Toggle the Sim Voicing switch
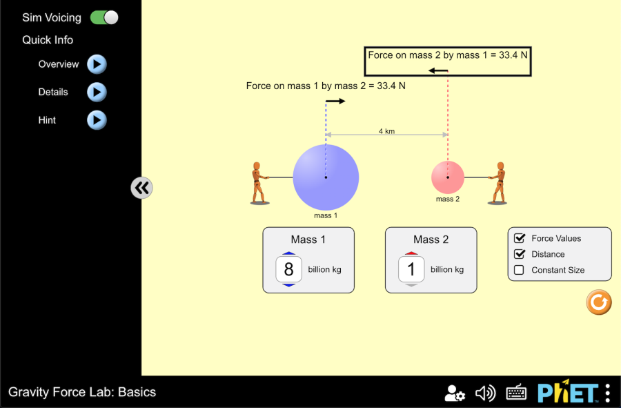[x=104, y=18]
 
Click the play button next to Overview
[x=97, y=64]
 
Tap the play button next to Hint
[x=97, y=120]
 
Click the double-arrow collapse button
[x=141, y=187]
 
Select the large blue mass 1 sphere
[x=326, y=177]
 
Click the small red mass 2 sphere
[x=448, y=177]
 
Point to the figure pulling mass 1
[x=258, y=184]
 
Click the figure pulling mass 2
[x=498, y=184]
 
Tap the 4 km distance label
[x=386, y=131]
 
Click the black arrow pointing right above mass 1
[x=335, y=101]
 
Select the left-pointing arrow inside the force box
[x=438, y=70]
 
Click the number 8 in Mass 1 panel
[x=289, y=269]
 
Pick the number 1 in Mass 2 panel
[x=411, y=269]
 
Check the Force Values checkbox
[x=520, y=238]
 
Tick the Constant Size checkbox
[x=520, y=270]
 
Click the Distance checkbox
[x=520, y=254]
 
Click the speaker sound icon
[x=485, y=393]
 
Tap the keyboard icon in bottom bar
[x=516, y=393]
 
